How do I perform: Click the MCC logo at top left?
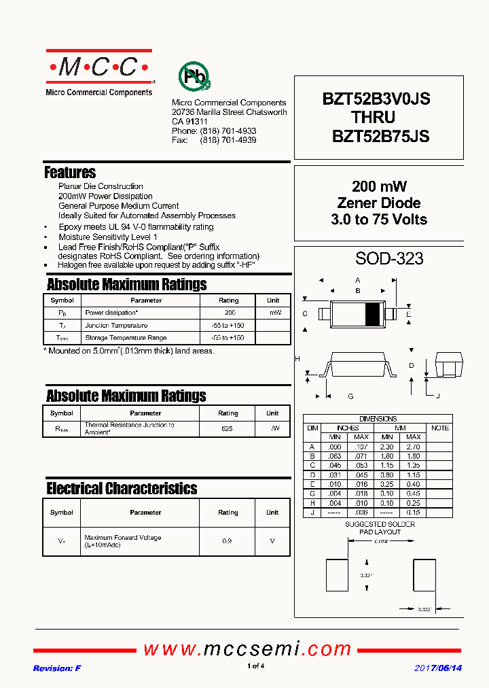click(99, 67)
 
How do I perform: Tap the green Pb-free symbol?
click(194, 77)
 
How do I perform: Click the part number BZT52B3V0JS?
click(376, 99)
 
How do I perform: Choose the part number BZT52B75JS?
click(380, 136)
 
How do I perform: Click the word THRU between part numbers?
click(373, 118)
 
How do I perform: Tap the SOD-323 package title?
click(389, 259)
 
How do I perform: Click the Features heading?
click(70, 173)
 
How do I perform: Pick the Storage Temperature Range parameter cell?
click(126, 338)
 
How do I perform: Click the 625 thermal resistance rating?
click(228, 429)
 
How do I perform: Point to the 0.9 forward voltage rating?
click(228, 541)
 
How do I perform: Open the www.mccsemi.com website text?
click(247, 649)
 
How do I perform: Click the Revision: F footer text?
click(57, 668)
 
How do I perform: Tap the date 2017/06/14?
click(438, 668)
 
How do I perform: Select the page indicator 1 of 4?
click(255, 666)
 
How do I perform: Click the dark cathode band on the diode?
click(373, 313)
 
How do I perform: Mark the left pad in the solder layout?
click(337, 575)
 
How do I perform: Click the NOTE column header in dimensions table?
click(439, 428)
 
